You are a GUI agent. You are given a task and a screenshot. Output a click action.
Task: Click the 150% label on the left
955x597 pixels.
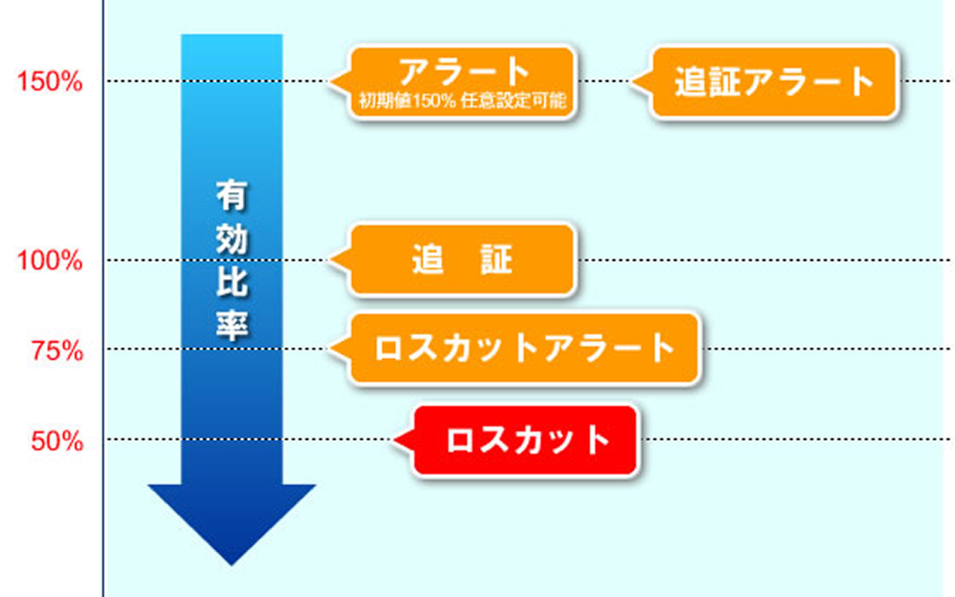click(49, 81)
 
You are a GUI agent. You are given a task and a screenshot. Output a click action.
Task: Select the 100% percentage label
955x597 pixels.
click(49, 260)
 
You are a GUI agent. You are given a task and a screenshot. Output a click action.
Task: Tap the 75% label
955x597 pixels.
click(57, 351)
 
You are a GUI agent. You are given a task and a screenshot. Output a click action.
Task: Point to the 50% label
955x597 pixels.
click(57, 440)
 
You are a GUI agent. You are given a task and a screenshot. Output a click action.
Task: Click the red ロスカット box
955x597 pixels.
click(525, 440)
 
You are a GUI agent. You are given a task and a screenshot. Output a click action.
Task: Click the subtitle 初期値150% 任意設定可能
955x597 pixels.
click(462, 101)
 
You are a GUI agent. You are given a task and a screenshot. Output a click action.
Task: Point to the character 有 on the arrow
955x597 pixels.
click(231, 195)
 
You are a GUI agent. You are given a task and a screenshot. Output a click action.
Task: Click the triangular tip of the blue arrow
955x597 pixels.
click(231, 564)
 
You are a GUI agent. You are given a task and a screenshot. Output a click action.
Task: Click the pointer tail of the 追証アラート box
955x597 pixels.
click(641, 81)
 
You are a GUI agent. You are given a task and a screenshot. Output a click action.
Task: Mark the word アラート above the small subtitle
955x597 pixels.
click(464, 71)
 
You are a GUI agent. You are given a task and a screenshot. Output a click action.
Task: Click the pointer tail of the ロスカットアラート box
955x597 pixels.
click(340, 348)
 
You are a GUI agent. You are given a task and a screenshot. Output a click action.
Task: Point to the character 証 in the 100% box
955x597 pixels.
click(496, 260)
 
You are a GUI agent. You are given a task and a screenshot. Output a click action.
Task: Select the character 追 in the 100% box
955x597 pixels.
click(428, 260)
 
